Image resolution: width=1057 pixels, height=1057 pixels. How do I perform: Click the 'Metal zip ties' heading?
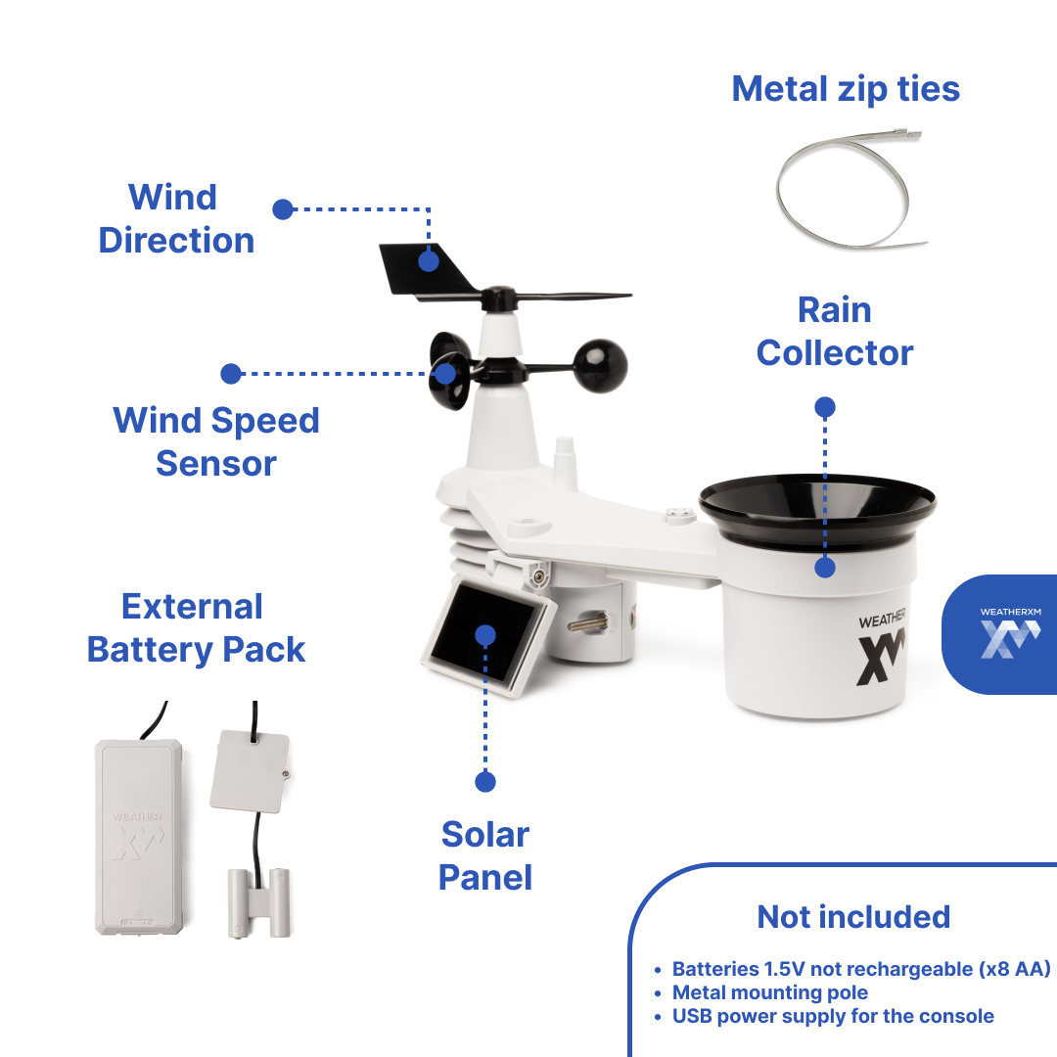coord(846,89)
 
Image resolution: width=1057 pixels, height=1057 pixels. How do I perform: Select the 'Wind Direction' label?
coord(176,218)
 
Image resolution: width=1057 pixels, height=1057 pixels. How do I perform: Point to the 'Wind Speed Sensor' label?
coord(216,441)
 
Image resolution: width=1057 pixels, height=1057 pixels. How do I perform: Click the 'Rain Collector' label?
coord(835,331)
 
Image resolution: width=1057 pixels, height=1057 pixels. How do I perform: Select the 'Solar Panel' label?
coord(485,855)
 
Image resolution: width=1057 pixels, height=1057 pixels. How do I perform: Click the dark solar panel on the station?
coord(483,635)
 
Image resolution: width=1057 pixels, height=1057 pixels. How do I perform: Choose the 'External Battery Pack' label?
coord(196,627)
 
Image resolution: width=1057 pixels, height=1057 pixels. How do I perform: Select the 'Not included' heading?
coord(853,917)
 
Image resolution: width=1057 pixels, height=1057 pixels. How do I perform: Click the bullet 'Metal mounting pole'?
coord(769,992)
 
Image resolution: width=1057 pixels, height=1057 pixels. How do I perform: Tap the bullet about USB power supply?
coord(832,1016)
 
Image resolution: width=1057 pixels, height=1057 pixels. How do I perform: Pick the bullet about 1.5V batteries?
coord(860,969)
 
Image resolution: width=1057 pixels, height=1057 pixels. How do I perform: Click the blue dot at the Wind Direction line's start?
coord(283,208)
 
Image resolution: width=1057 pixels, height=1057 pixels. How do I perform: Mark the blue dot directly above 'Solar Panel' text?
coord(485,782)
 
